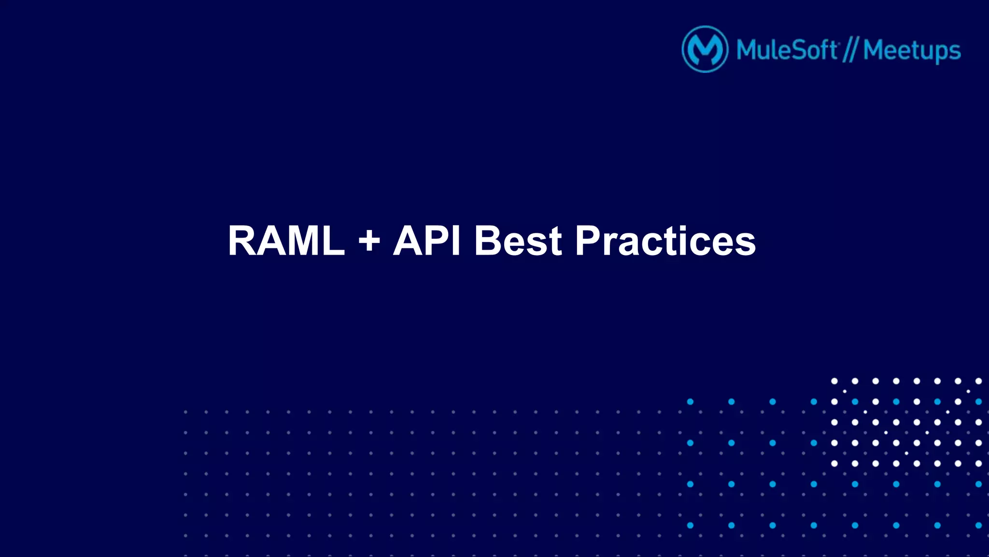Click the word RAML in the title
(286, 241)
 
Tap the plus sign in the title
(369, 241)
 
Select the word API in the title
(427, 241)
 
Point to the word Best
(518, 241)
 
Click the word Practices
(665, 241)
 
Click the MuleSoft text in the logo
(787, 50)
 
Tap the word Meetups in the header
(912, 50)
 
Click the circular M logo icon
(705, 49)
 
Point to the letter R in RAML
(243, 241)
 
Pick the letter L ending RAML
(333, 241)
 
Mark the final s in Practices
(746, 244)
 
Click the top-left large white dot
(834, 381)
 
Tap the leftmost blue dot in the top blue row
(690, 401)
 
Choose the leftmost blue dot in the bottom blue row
(690, 525)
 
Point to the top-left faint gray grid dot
(185, 412)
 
